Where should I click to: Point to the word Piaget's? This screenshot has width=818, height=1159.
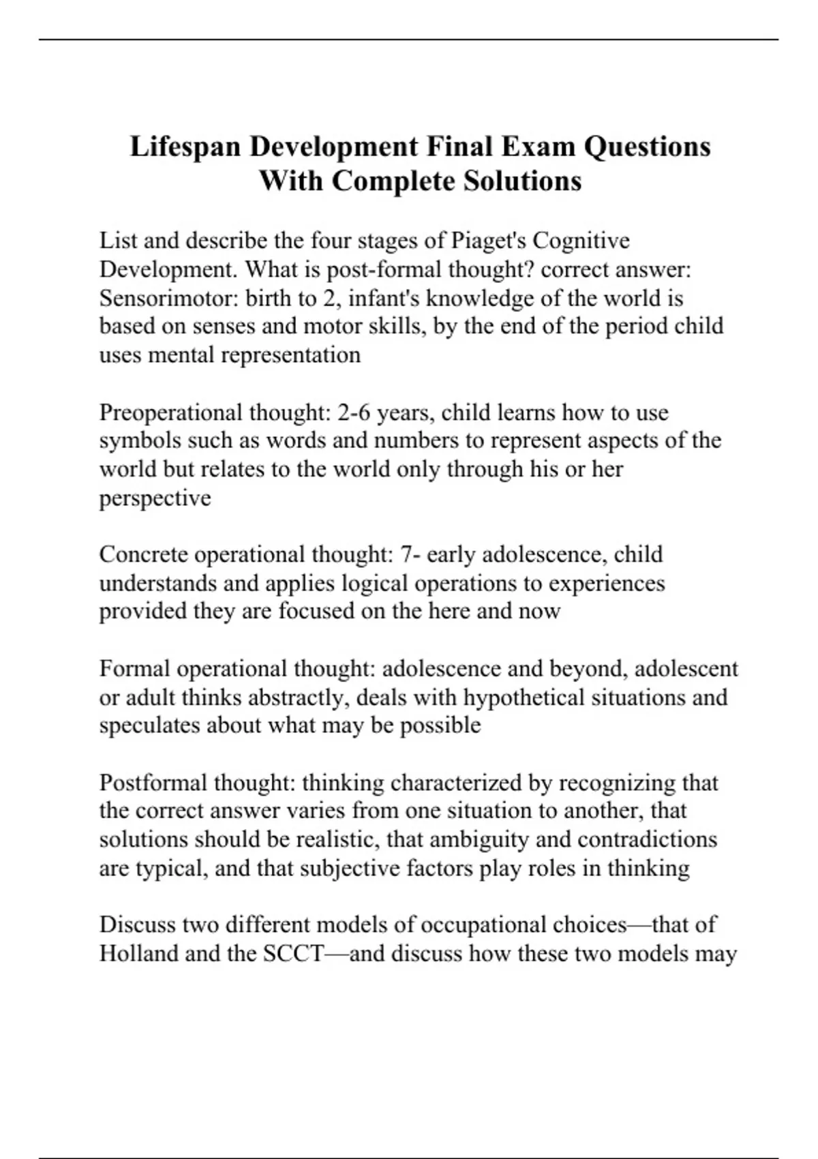(x=488, y=241)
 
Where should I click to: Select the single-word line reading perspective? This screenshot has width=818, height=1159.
(x=155, y=498)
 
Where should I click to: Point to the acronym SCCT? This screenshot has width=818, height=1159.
(x=292, y=953)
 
